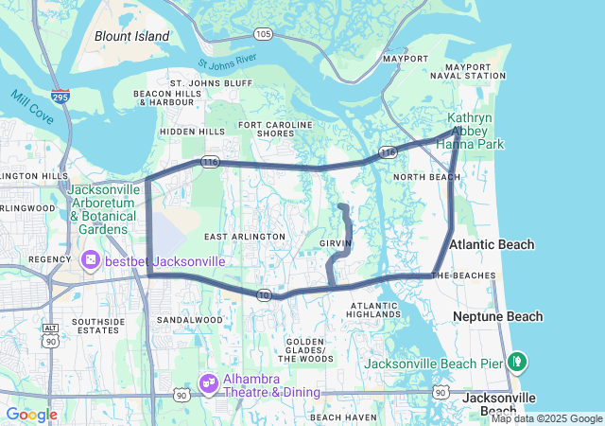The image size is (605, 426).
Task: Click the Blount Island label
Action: pos(131,36)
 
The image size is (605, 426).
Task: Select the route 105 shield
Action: pos(263,35)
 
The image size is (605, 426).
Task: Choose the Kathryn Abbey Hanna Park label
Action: pos(475,131)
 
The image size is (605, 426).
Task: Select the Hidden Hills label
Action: pos(193,131)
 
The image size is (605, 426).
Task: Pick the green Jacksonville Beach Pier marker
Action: pos(517,361)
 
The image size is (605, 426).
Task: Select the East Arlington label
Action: pos(244,236)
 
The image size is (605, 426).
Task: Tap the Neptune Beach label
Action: pos(497,316)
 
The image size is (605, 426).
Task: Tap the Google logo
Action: pos(31,415)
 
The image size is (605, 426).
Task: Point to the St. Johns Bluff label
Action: pos(211,83)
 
